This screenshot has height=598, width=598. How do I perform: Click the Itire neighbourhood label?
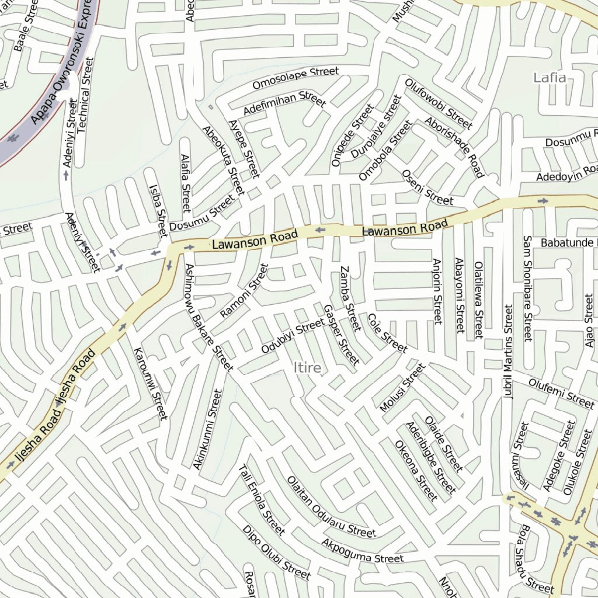click(307, 367)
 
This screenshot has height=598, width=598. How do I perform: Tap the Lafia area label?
click(550, 78)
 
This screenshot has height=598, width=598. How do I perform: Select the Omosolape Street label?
click(295, 79)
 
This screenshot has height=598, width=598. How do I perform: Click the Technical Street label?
click(85, 95)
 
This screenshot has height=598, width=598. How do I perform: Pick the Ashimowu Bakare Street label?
click(208, 315)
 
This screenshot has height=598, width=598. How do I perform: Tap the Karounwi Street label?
click(151, 384)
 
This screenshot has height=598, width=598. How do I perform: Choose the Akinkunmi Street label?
click(208, 429)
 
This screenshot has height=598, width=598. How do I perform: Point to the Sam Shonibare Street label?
click(527, 288)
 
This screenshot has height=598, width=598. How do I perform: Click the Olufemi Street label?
click(561, 392)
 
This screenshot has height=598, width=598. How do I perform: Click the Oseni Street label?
click(427, 188)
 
